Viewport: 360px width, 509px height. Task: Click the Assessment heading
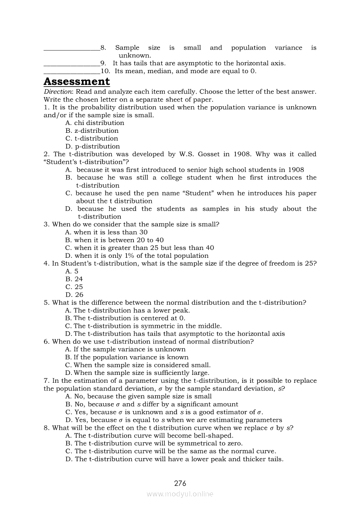(77, 82)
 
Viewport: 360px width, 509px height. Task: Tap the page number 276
(180, 483)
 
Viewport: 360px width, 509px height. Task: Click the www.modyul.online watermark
(180, 494)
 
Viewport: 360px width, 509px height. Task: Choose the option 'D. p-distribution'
(92, 146)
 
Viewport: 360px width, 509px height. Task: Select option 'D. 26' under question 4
(74, 295)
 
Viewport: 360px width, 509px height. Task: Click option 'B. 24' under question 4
(74, 279)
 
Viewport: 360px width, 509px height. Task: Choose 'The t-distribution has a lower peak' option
(127, 310)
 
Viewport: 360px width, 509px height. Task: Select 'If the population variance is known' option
(126, 357)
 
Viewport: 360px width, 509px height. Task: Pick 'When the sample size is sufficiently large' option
(137, 373)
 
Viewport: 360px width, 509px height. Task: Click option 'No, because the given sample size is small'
(138, 397)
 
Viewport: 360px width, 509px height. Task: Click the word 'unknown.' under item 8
(135, 56)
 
